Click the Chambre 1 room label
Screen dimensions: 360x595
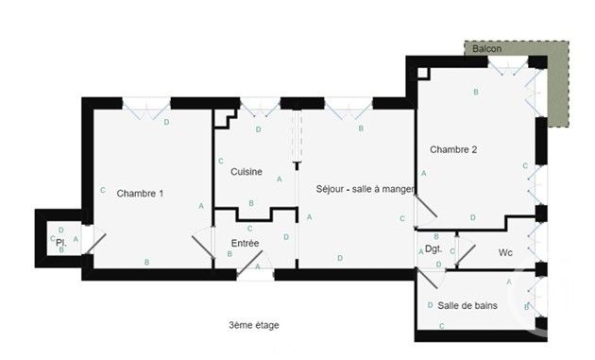click(140, 194)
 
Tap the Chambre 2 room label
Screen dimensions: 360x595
click(453, 150)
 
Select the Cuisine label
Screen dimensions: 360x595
click(246, 171)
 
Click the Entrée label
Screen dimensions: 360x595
click(245, 244)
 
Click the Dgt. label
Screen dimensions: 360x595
click(433, 249)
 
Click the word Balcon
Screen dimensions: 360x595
click(487, 48)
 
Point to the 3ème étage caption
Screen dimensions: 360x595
click(253, 325)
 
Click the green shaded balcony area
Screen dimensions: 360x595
click(557, 90)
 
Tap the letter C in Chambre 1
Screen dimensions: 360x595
click(102, 191)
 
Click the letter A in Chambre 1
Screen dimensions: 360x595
click(201, 207)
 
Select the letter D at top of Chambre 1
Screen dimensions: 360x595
click(167, 123)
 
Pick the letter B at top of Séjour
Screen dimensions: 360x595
click(361, 128)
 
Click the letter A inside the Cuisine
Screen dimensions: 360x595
click(279, 179)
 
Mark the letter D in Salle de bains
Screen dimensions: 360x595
click(430, 304)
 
